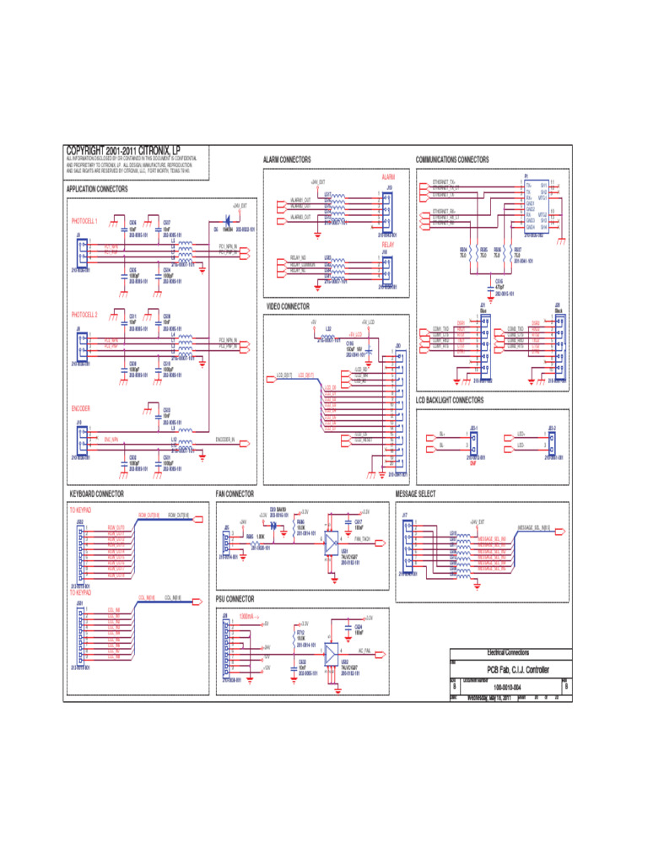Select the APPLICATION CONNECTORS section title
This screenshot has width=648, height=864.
pyautogui.click(x=97, y=190)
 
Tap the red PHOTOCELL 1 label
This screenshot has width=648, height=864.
pyautogui.click(x=84, y=221)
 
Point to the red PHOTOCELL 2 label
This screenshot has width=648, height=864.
pyautogui.click(x=84, y=315)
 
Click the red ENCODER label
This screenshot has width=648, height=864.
pyautogui.click(x=81, y=408)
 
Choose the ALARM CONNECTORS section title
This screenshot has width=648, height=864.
pyautogui.click(x=288, y=159)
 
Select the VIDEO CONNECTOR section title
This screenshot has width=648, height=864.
pyautogui.click(x=288, y=307)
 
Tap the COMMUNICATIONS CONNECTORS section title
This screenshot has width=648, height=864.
pyautogui.click(x=452, y=159)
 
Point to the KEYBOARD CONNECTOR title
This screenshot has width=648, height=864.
pyautogui.click(x=96, y=494)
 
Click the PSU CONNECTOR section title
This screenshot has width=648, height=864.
pyautogui.click(x=235, y=599)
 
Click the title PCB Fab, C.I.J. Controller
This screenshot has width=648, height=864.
pyautogui.click(x=507, y=670)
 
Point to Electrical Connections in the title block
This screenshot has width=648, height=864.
pyautogui.click(x=508, y=653)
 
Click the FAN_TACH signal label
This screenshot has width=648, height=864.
pyautogui.click(x=364, y=538)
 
